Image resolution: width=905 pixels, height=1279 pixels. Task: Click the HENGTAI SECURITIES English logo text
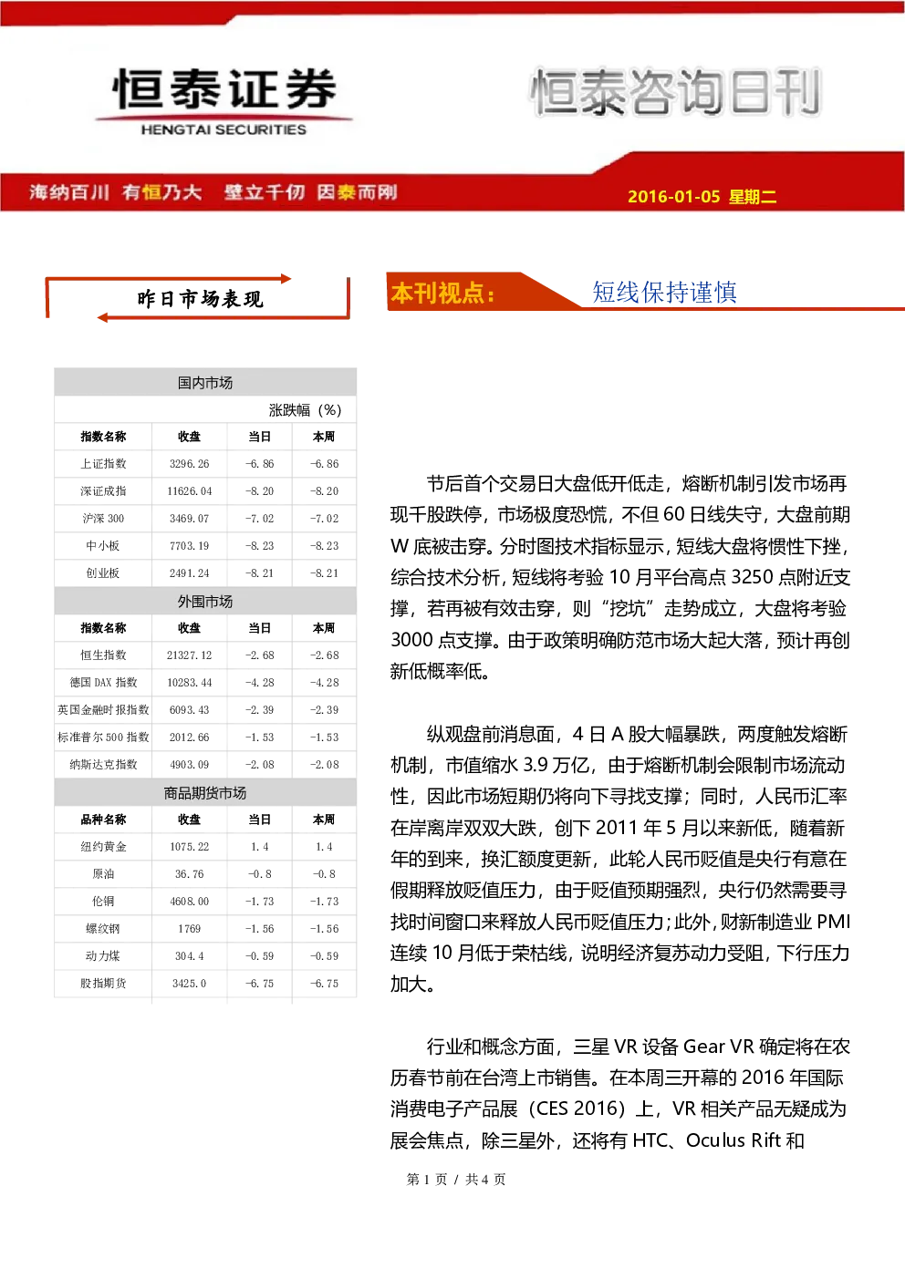[224, 129]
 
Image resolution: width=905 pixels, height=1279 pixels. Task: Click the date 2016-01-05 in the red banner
[673, 196]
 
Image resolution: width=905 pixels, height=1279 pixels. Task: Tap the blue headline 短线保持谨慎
[664, 292]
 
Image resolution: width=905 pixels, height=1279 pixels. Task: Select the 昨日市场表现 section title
[200, 299]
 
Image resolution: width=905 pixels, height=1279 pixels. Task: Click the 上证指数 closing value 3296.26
[189, 464]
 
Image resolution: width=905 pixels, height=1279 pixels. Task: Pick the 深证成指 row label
[103, 491]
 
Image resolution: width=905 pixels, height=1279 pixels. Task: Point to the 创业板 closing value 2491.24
[189, 572]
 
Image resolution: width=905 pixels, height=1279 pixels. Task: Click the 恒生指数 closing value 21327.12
[189, 655]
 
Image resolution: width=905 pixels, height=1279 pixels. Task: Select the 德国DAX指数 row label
[103, 682]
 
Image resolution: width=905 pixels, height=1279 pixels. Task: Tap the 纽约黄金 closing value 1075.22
[189, 846]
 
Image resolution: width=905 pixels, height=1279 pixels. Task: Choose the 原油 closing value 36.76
[189, 873]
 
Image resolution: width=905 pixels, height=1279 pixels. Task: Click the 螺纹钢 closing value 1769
[189, 928]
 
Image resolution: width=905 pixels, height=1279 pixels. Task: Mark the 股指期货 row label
[103, 984]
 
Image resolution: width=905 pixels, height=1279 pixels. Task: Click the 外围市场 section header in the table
[205, 602]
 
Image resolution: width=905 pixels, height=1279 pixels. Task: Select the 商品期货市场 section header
[205, 792]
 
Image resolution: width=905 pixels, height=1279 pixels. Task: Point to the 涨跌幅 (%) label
[305, 410]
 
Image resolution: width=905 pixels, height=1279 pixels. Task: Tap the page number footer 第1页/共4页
[455, 1179]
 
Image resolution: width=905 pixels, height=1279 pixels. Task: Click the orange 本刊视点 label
[442, 293]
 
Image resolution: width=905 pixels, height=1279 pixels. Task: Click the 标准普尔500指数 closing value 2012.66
[189, 737]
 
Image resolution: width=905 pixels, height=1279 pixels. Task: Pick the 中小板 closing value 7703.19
[189, 546]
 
